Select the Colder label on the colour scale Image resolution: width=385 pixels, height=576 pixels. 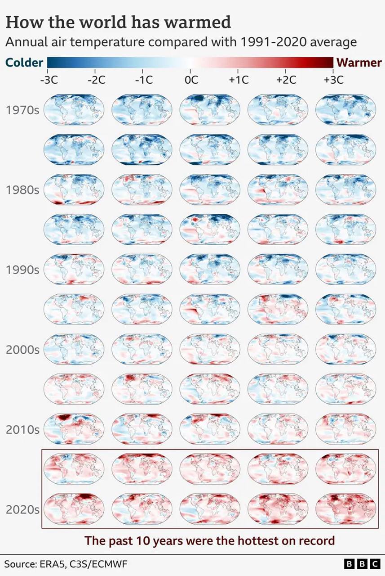(24, 62)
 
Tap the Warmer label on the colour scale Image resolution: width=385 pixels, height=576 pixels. (359, 62)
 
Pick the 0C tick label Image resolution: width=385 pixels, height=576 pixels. (191, 80)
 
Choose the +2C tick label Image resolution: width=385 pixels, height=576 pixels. (286, 80)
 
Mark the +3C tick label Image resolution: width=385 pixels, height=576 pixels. (333, 80)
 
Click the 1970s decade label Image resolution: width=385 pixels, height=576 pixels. (22, 110)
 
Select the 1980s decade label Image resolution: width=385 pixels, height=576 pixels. (22, 190)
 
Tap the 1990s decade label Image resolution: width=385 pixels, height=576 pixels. (22, 270)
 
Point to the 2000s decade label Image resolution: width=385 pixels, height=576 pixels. (22, 350)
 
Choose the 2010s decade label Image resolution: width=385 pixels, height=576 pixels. (22, 429)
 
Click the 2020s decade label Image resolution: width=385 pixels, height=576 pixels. (22, 509)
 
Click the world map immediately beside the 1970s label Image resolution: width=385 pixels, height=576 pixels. (74, 110)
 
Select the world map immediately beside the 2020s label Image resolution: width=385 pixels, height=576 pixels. (74, 509)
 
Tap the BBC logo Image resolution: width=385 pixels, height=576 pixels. (361, 564)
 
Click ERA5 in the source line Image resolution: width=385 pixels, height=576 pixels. (57, 564)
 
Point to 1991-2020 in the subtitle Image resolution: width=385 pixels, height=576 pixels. (268, 42)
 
